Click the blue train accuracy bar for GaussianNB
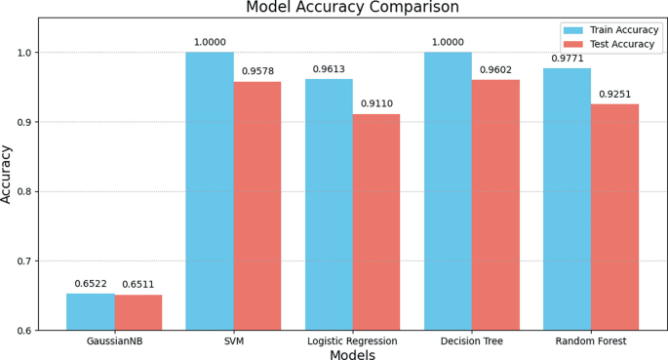coord(91,312)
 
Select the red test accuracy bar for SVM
coord(256,206)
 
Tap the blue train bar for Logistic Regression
coord(329,205)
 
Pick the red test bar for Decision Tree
coord(495,205)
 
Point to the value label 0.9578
coord(257,71)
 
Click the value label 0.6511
coord(138,285)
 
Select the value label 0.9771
coord(567,58)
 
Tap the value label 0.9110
coord(376,103)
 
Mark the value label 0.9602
coord(495,69)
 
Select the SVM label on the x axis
coord(233,341)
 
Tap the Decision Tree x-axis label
coord(472,341)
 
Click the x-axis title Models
coord(352,355)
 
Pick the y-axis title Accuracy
coord(9,174)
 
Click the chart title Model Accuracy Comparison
coord(352,8)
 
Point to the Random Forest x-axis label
coord(591,341)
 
